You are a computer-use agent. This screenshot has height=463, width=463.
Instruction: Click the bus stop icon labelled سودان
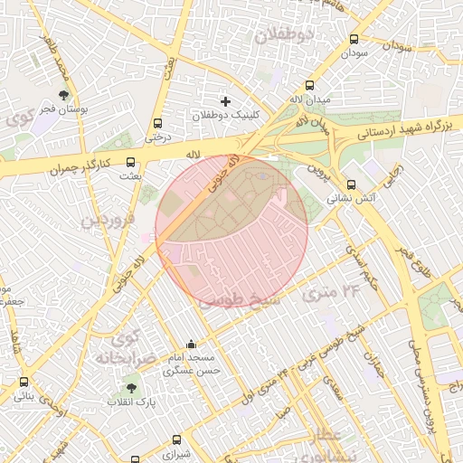coord(354,40)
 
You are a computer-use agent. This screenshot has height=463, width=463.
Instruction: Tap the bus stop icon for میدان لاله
coord(311,83)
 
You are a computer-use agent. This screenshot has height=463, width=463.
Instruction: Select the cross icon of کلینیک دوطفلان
coord(226,100)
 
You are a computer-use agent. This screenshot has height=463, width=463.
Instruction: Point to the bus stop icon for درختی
coord(157,124)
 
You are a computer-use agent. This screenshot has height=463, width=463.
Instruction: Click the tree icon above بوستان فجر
coord(63,94)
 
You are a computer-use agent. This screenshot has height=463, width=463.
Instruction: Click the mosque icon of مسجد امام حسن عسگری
coord(190,345)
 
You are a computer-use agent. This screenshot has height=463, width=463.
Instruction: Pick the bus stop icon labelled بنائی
coord(24,382)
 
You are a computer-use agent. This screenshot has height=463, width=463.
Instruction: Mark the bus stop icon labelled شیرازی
coord(175,439)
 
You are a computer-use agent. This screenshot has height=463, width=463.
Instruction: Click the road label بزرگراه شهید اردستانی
coord(403,128)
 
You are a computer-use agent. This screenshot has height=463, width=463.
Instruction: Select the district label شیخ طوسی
coord(237,298)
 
